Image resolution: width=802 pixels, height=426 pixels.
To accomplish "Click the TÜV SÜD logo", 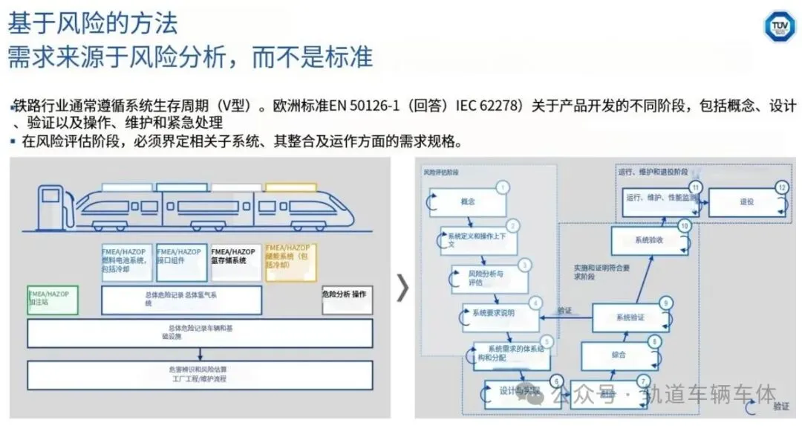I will click(779, 25).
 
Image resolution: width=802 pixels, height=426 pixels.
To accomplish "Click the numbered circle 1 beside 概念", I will click(503, 187).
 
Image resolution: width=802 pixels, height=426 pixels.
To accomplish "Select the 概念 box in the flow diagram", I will click(468, 201).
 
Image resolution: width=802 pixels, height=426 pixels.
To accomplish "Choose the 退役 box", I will click(746, 201).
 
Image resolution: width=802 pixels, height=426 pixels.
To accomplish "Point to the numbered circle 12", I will click(781, 187).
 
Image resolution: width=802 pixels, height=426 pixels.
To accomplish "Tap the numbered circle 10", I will click(685, 225).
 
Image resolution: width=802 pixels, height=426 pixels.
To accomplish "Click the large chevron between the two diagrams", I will click(402, 288).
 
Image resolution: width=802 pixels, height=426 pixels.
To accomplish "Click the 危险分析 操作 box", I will click(347, 299).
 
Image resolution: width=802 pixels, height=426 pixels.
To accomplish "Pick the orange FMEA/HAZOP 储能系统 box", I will click(290, 261).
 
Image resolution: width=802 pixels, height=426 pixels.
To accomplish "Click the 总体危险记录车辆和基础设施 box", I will click(199, 332).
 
